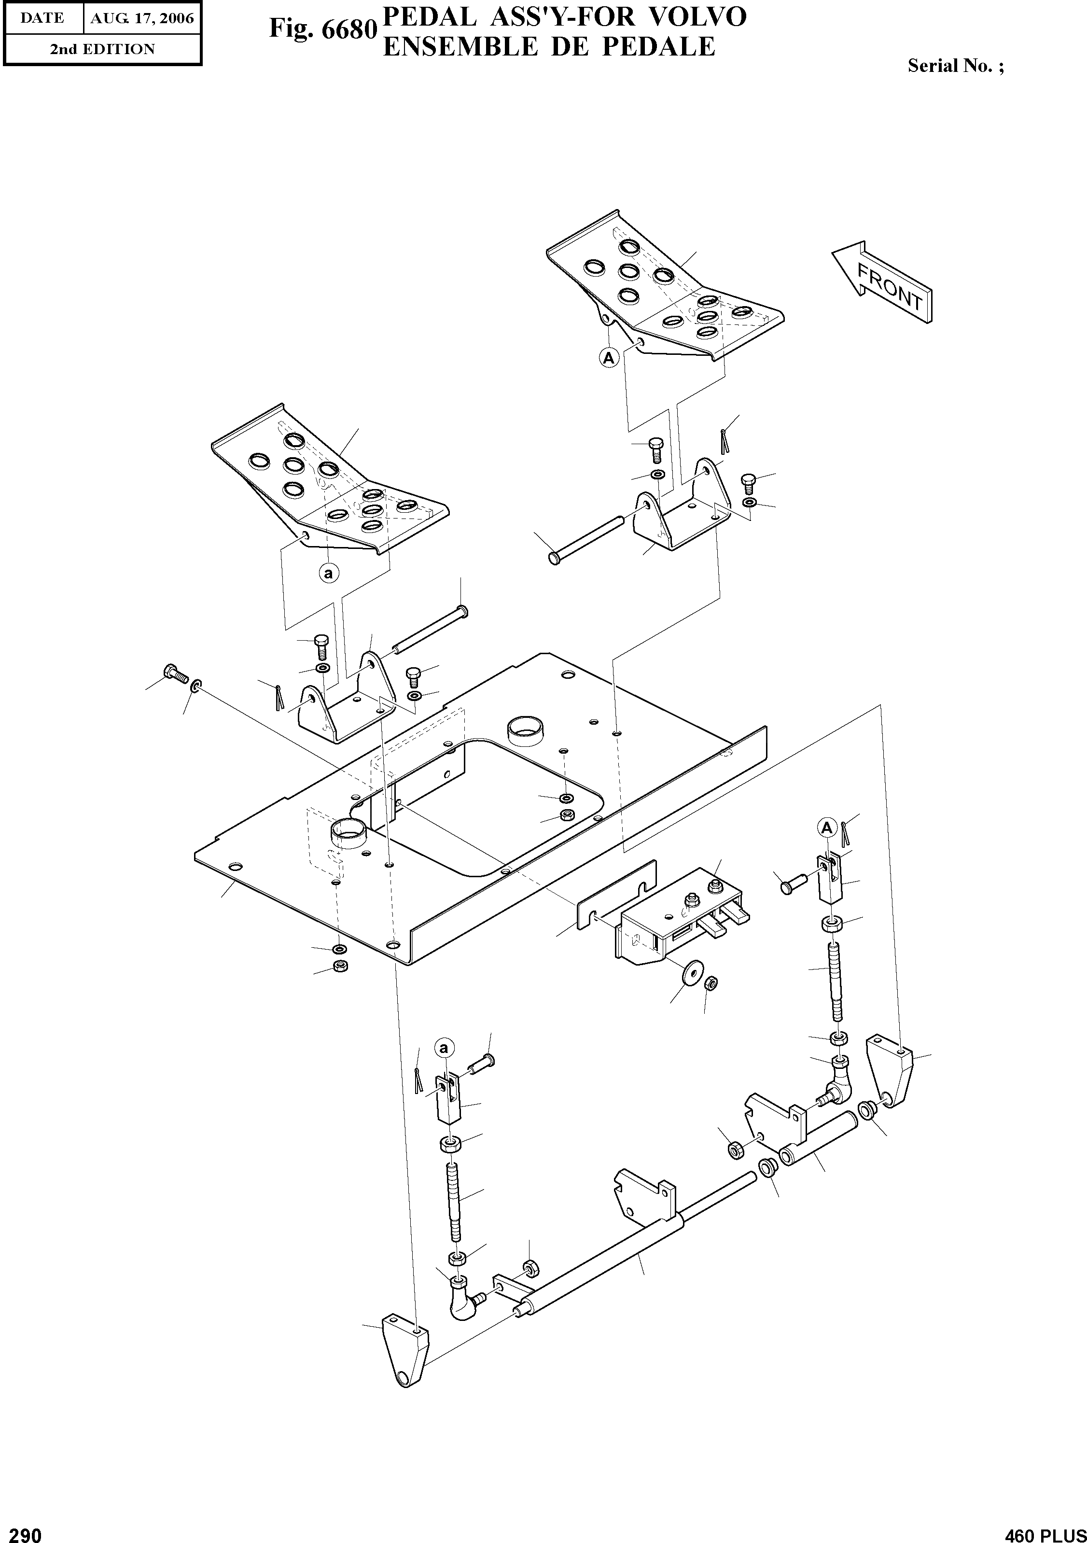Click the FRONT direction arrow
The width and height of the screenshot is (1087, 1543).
[x=882, y=283]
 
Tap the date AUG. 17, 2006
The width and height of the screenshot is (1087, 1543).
[x=142, y=18]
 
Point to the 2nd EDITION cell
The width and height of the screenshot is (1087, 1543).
[x=102, y=49]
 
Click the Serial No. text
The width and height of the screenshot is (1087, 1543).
[x=955, y=66]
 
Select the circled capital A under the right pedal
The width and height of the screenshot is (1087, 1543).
[x=609, y=358]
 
